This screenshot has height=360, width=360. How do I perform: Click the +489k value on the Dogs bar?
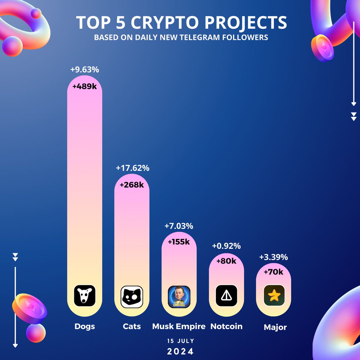click(85, 86)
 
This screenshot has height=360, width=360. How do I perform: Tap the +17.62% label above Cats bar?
click(133, 168)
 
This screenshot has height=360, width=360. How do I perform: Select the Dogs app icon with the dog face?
click(85, 295)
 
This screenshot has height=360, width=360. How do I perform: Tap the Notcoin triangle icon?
click(226, 295)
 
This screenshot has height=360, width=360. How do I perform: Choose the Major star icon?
click(274, 295)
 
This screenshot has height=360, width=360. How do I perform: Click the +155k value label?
click(179, 242)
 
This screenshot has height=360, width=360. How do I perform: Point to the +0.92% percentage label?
click(226, 246)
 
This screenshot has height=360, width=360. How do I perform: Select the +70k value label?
click(274, 272)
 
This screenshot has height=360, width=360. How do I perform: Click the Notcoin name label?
click(226, 326)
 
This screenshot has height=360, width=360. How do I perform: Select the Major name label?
click(275, 327)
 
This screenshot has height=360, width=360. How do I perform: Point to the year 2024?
click(180, 351)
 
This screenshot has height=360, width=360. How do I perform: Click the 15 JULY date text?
click(181, 341)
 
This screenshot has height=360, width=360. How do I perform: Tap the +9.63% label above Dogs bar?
click(85, 70)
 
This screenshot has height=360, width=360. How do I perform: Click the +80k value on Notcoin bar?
click(226, 261)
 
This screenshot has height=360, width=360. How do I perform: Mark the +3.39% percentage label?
click(274, 257)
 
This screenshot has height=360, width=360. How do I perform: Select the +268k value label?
click(132, 185)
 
